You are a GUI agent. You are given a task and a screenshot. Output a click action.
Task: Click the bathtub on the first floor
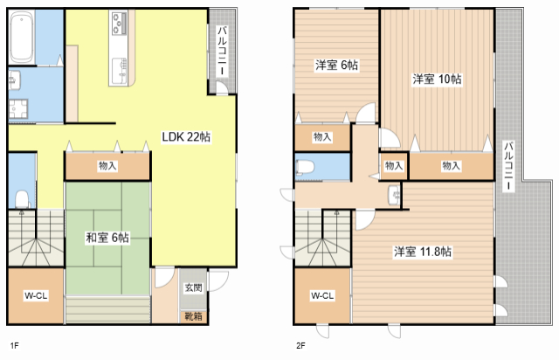22,38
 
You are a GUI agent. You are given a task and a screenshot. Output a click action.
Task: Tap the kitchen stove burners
119,24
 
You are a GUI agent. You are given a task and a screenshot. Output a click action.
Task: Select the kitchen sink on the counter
120,72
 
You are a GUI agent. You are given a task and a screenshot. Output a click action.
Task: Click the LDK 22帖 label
186,136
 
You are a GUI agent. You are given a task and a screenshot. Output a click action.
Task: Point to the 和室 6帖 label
107,238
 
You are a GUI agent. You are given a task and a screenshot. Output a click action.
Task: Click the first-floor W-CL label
36,296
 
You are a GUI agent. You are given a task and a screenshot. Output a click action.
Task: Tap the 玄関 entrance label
194,287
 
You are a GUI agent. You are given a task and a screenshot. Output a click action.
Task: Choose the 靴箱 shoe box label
194,316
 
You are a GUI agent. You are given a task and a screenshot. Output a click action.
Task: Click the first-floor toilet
22,199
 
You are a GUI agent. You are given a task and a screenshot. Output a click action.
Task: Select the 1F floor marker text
14,345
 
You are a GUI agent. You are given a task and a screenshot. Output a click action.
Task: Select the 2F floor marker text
300,345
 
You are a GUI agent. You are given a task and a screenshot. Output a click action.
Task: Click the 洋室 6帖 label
336,66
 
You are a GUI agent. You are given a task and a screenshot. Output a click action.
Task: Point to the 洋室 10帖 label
437,79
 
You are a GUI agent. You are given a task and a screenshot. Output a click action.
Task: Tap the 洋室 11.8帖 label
423,252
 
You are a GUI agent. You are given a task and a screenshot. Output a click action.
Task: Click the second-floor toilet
305,167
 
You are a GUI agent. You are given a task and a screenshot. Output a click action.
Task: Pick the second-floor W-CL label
322,296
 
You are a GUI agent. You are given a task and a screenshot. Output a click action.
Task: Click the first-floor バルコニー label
222,51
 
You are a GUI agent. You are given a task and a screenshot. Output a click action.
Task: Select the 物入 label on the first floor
107,166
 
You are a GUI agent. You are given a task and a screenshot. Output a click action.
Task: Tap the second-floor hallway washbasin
394,195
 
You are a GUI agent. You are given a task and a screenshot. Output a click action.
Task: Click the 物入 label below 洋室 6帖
322,137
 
